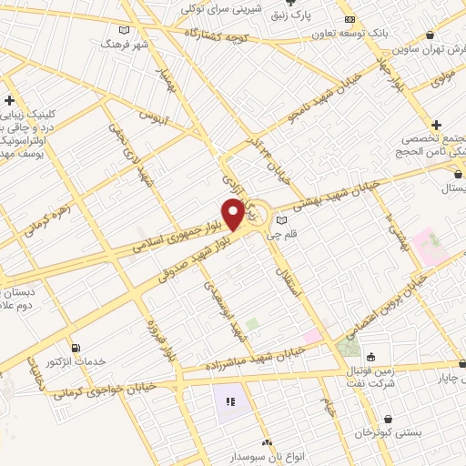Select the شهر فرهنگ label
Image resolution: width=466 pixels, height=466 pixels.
coord(125,44)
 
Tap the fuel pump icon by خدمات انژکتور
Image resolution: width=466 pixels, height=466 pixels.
coord(76,347)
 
